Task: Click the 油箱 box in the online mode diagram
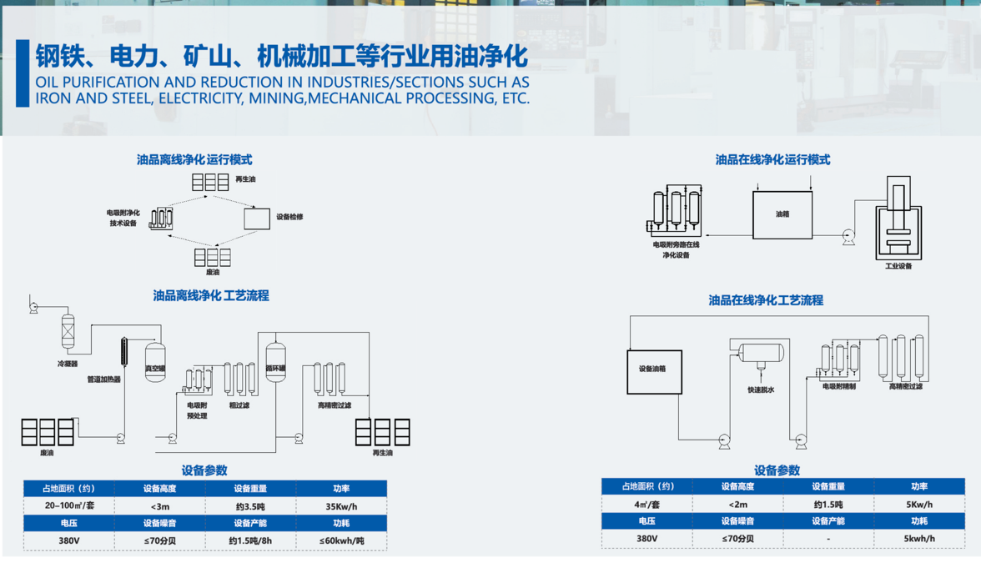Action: click(x=782, y=215)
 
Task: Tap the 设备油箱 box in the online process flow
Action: click(x=653, y=370)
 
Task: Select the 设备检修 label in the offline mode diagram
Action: click(x=289, y=218)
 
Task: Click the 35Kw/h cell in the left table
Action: click(x=341, y=506)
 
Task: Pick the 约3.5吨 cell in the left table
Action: click(x=250, y=506)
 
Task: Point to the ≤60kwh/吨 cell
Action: click(x=341, y=540)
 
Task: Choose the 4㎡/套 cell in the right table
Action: click(x=646, y=505)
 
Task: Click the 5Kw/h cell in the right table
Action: click(x=918, y=505)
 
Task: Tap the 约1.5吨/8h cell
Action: click(x=250, y=540)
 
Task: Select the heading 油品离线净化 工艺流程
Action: click(x=210, y=296)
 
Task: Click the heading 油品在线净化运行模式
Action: click(x=772, y=160)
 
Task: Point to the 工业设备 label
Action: click(x=898, y=266)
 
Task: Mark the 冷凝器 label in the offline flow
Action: click(x=68, y=364)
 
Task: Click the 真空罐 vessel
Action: click(x=155, y=363)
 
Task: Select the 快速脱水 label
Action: click(x=761, y=390)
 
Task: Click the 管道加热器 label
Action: click(x=104, y=380)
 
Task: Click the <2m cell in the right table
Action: click(x=737, y=505)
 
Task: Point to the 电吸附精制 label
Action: click(x=838, y=386)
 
